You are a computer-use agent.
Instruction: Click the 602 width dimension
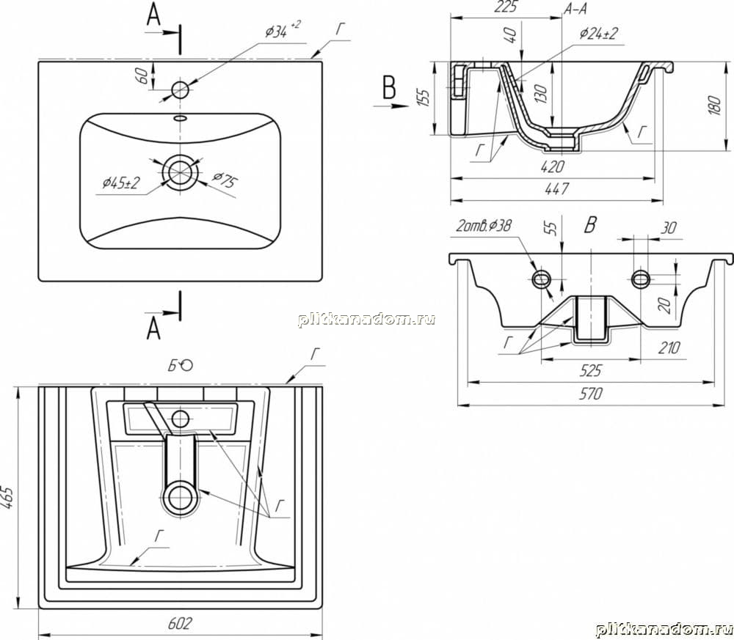pyautogui.click(x=180, y=623)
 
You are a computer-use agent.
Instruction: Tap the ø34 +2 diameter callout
pyautogui.click(x=283, y=30)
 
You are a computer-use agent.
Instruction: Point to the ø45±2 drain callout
pyautogui.click(x=121, y=182)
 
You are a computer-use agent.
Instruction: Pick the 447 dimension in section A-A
pyautogui.click(x=556, y=188)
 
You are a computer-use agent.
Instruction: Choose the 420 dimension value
pyautogui.click(x=553, y=166)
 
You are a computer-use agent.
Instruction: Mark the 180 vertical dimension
pyautogui.click(x=713, y=106)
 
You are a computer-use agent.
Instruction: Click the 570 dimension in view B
pyautogui.click(x=590, y=394)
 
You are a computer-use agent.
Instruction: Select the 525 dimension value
pyautogui.click(x=590, y=370)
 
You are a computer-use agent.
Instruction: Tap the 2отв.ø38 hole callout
pyautogui.click(x=484, y=226)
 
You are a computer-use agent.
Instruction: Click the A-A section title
pyautogui.click(x=575, y=9)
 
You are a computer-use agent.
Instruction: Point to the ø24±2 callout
pyautogui.click(x=599, y=34)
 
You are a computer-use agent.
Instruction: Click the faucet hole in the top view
pyautogui.click(x=181, y=89)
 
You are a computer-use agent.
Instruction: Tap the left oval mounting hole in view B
pyautogui.click(x=542, y=279)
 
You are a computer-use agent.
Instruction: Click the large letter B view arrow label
pyautogui.click(x=389, y=87)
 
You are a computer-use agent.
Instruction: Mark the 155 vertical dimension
pyautogui.click(x=423, y=98)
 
